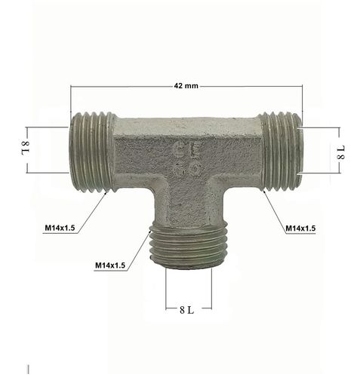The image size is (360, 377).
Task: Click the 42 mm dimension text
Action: [x=186, y=86]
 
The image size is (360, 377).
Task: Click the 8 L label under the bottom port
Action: [x=189, y=310]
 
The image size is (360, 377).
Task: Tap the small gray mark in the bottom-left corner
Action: [x=28, y=369]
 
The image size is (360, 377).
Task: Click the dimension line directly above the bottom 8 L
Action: [x=189, y=296]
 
